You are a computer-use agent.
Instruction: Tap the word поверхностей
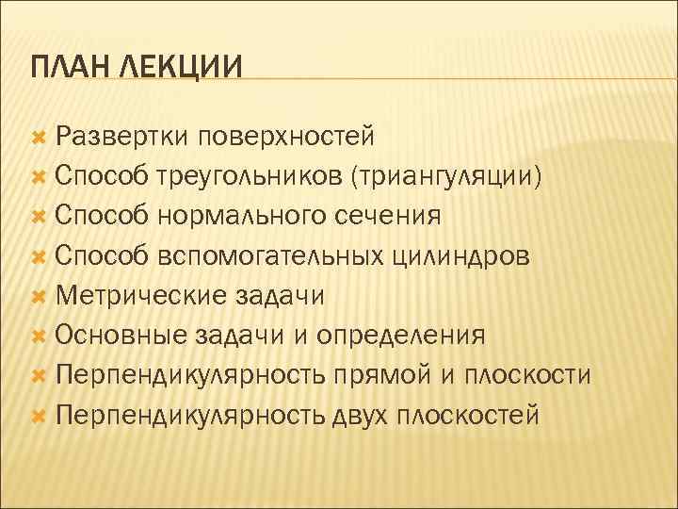285,136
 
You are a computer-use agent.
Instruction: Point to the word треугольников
249,176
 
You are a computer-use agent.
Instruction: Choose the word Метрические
140,296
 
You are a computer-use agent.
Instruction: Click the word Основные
122,336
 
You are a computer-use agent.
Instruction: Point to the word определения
401,336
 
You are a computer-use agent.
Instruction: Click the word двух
363,416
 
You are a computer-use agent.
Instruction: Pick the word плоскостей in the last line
469,416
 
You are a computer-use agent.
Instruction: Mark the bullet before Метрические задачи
39,297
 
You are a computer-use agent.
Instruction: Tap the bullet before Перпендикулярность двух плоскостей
39,417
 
